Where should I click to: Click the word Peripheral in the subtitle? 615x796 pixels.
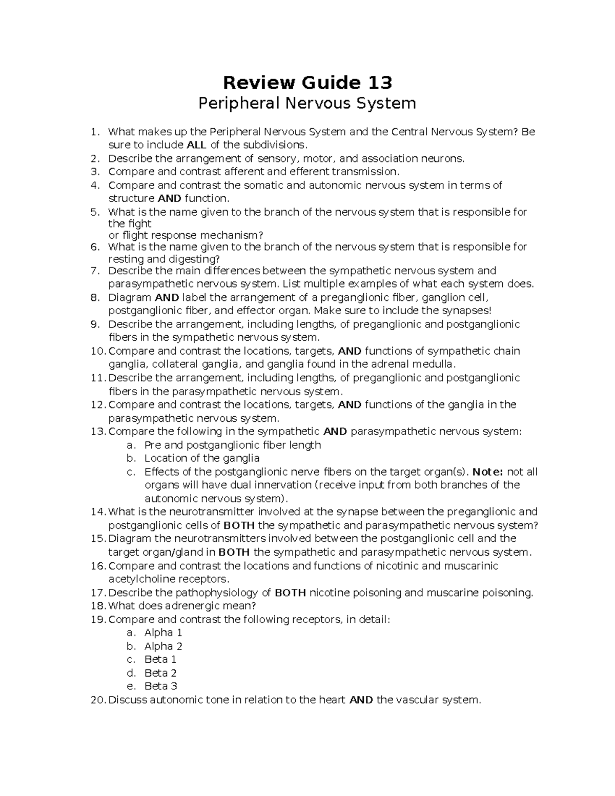point(239,104)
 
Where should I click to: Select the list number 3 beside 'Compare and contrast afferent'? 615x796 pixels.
point(94,172)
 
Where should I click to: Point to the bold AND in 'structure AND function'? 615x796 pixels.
point(169,198)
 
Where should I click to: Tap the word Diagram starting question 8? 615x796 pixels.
point(130,298)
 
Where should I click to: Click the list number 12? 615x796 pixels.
point(97,405)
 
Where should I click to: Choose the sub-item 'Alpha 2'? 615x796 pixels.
point(163,646)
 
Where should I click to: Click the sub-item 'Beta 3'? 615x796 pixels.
point(160,686)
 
